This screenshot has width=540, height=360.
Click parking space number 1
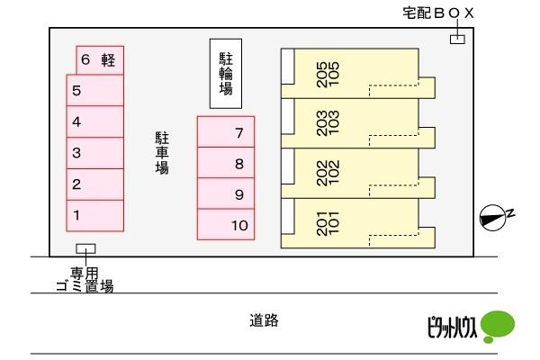pos(95,216)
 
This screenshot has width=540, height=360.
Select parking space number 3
pos(95,153)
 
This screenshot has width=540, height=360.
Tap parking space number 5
pos(95,90)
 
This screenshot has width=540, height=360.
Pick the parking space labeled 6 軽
pos(100,60)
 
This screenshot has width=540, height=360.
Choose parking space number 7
pos(226,132)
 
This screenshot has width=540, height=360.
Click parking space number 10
pos(226,224)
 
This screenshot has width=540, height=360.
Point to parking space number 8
pos(226,163)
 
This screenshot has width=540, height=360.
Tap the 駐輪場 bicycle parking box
pos(226,74)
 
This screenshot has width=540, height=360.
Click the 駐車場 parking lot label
pos(162,153)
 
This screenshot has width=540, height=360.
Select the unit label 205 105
pos(328,75)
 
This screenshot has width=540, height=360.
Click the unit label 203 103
pos(328,123)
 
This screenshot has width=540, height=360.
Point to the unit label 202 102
pos(328,173)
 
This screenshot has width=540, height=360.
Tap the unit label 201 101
pos(328,223)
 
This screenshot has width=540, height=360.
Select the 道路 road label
pos(264,320)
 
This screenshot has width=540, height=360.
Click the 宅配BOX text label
pos(438,13)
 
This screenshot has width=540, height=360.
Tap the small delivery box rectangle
pos(458,40)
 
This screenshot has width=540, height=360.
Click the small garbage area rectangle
pos(85,248)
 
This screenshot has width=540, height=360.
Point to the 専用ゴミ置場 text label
pos(85,280)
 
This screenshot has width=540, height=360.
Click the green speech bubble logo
pos(498,326)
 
